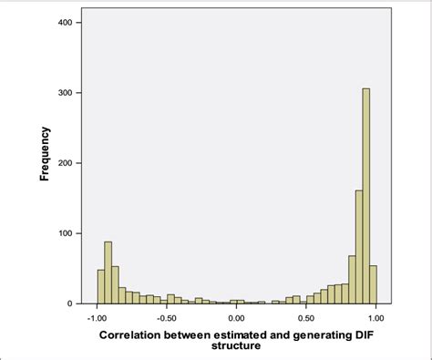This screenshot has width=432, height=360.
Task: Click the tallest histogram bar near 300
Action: (x=365, y=196)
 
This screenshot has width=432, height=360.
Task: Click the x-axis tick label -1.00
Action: (x=95, y=318)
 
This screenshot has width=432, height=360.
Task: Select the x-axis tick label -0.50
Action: (x=165, y=318)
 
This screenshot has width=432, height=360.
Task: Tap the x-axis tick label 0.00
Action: (x=236, y=318)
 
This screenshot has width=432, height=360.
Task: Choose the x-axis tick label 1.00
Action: (x=375, y=318)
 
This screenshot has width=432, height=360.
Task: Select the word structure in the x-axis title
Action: (x=236, y=346)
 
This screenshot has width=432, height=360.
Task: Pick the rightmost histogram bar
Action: (x=373, y=284)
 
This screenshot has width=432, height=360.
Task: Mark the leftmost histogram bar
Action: (x=101, y=286)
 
